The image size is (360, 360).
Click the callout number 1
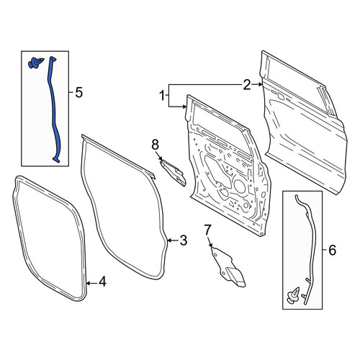point(163,96)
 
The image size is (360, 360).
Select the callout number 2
point(247,85)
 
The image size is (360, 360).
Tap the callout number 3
point(184,240)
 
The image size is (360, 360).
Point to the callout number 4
point(102,282)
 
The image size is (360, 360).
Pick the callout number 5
point(79,92)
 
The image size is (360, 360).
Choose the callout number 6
point(333,251)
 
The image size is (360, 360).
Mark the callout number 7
point(207,230)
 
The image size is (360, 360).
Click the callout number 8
point(155,145)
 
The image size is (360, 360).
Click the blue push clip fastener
point(36,63)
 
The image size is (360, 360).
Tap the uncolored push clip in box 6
point(294,294)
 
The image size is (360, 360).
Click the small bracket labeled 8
point(174,173)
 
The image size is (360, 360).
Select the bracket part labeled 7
point(228,267)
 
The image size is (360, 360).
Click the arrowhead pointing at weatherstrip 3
point(169,240)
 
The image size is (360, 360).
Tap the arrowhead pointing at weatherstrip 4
point(88,284)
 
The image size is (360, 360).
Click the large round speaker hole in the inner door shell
point(240,186)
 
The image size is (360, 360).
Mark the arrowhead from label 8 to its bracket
point(161,158)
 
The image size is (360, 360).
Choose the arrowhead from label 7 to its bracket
point(211,245)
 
